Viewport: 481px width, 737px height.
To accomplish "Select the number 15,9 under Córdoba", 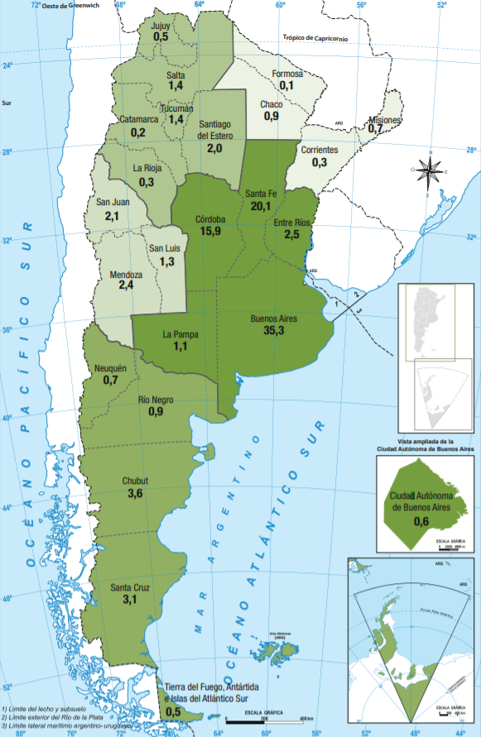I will pos(209,231).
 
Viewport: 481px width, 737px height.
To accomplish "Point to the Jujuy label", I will pos(161,26).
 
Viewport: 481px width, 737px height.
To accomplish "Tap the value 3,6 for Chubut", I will pos(136,493).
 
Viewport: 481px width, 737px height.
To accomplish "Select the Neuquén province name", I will pos(111,367).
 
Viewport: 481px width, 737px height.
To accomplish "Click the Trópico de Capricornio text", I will pos(315,37).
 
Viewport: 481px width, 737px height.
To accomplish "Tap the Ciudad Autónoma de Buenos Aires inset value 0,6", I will pos(421,520).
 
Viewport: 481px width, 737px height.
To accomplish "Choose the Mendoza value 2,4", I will pos(126,285).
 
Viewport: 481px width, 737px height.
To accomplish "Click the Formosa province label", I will pos(288,74).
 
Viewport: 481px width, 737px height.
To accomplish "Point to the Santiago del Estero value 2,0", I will pos(214,148).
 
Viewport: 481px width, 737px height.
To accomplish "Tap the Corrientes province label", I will pos(320,150).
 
